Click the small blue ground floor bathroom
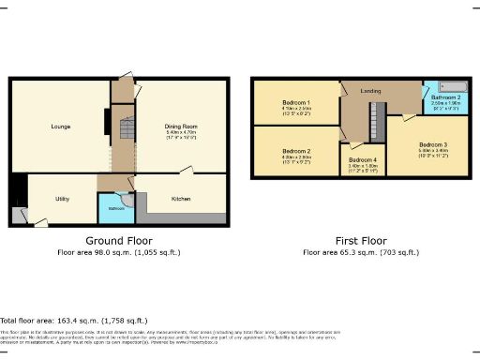(x=115, y=207)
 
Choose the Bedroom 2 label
(x=296, y=150)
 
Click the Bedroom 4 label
(x=362, y=161)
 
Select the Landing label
(x=368, y=92)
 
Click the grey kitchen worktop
(x=187, y=218)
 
